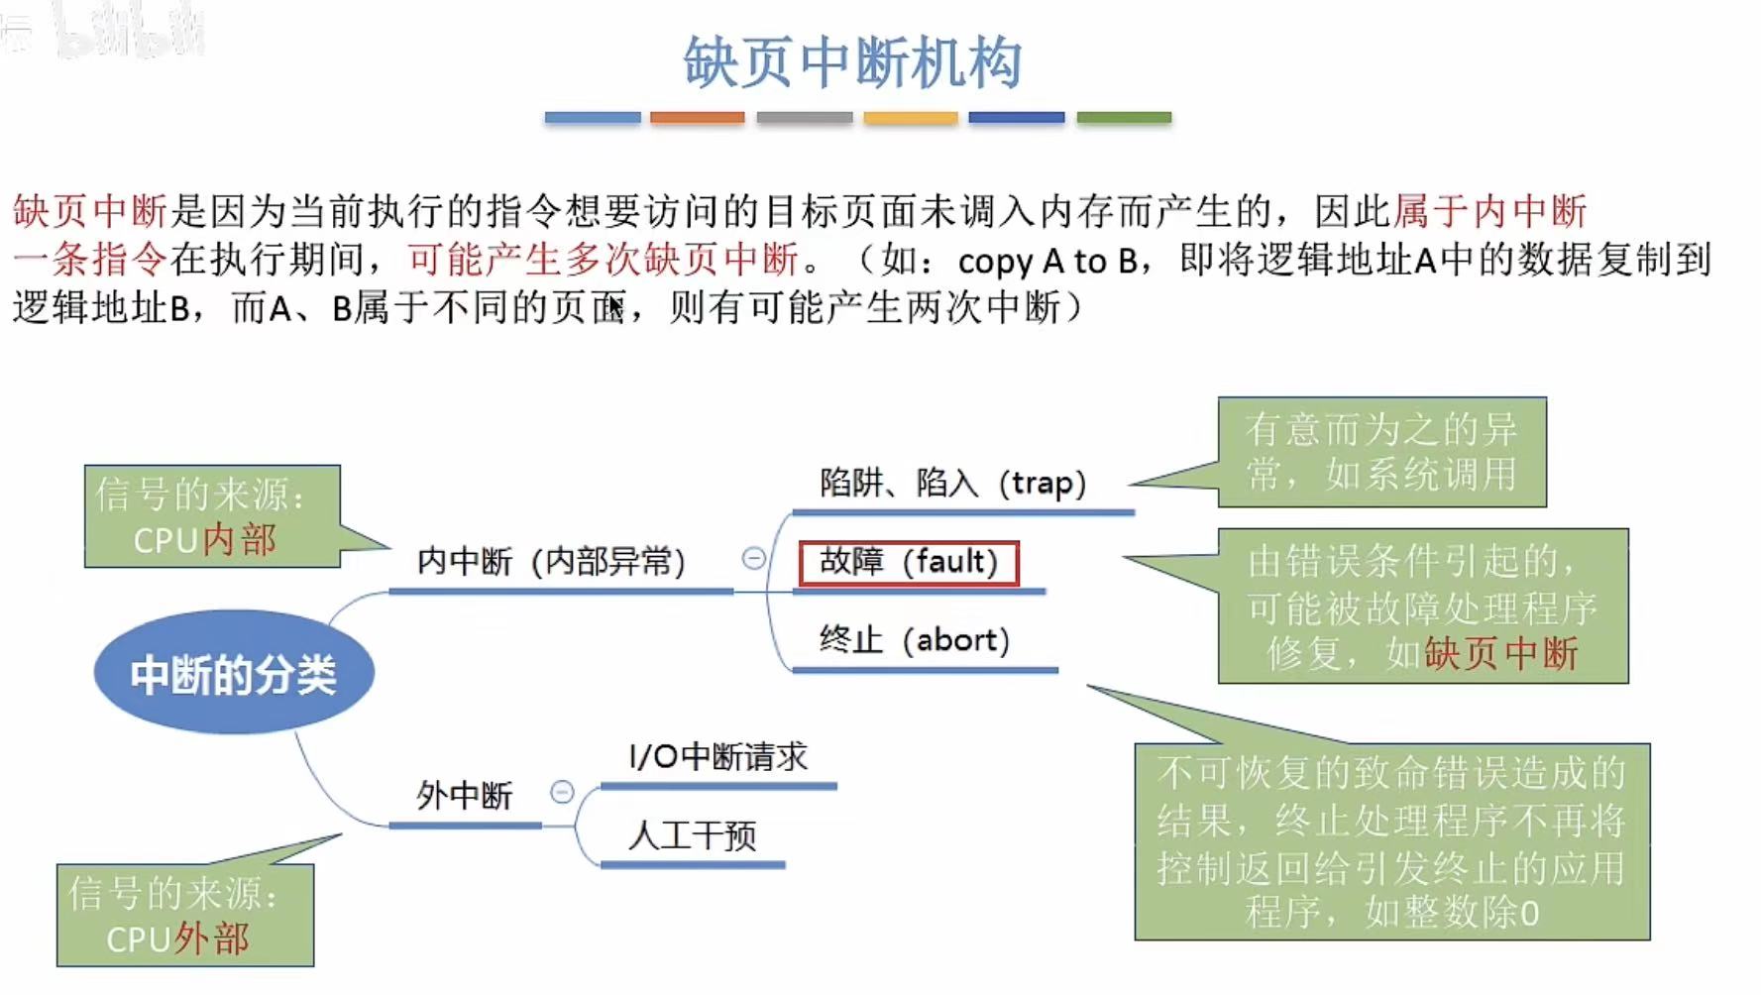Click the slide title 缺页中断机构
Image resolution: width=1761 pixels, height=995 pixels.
click(851, 62)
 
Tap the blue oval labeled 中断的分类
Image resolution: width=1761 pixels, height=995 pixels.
click(234, 673)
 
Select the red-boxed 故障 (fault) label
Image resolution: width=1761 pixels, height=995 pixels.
click(908, 562)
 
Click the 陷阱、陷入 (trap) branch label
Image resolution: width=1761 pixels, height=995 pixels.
click(952, 484)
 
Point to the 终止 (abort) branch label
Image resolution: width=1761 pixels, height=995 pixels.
click(914, 640)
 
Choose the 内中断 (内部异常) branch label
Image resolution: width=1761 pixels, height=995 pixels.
click(551, 562)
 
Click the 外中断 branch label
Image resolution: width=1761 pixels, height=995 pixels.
click(464, 795)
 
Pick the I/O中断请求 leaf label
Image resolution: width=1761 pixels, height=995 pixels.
click(717, 757)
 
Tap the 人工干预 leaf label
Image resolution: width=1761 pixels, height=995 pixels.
click(692, 835)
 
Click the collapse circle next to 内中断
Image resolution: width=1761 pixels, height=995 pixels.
click(753, 559)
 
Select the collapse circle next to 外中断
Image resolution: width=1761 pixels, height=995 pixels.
click(562, 792)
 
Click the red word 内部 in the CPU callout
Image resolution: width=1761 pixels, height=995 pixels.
click(240, 540)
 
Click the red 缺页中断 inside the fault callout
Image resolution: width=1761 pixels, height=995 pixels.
click(1500, 654)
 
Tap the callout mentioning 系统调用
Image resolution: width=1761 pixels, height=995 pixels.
click(1381, 452)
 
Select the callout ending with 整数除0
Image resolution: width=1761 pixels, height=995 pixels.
click(1391, 841)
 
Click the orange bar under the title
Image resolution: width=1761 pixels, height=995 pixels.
click(697, 118)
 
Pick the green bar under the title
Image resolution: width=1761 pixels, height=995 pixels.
click(1124, 118)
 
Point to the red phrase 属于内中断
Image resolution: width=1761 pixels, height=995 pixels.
click(1489, 211)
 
